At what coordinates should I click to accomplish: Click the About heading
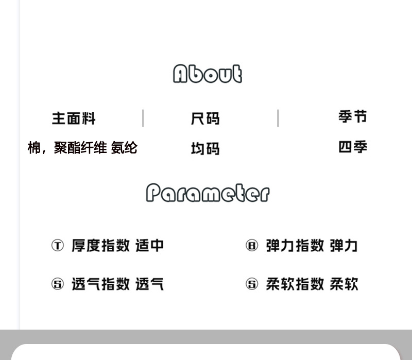click(207, 74)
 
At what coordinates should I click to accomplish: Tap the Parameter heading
click(207, 193)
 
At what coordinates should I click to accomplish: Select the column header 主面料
click(74, 118)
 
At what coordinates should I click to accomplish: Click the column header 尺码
click(205, 118)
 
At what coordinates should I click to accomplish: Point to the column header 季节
click(353, 117)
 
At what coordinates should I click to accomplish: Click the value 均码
click(205, 148)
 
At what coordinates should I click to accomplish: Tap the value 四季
click(353, 147)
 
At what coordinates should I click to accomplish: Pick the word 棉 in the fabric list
click(34, 148)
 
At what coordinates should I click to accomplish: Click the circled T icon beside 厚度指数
click(57, 245)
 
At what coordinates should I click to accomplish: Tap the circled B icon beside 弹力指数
click(251, 245)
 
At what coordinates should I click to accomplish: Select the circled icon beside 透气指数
click(57, 284)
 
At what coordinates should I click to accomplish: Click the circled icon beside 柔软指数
click(251, 284)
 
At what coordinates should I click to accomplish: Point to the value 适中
click(149, 245)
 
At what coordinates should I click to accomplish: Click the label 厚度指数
click(100, 245)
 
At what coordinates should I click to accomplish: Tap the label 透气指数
click(100, 284)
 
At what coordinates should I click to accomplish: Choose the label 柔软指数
click(295, 284)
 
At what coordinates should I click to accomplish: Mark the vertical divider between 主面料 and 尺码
click(143, 118)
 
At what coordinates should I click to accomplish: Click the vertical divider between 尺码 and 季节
click(278, 118)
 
